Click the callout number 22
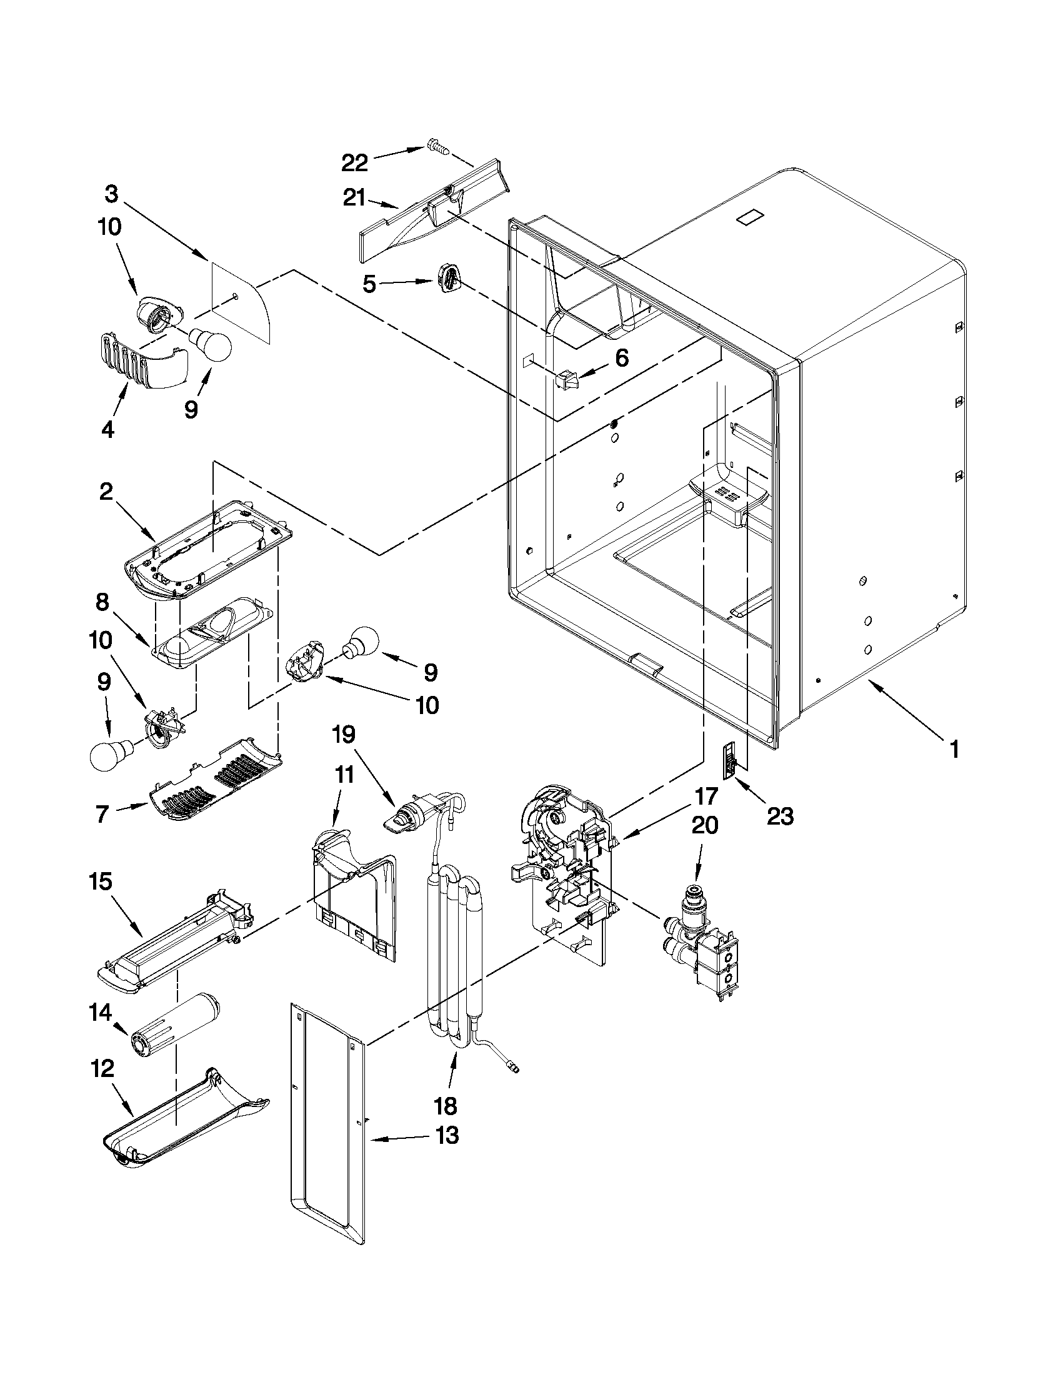pos(354,163)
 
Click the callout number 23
pos(780,816)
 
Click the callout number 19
pos(344,734)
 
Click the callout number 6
pos(621,358)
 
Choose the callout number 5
pos(370,284)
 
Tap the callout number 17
pos(707,797)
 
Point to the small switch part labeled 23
pos(729,761)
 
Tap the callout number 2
pos(106,492)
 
